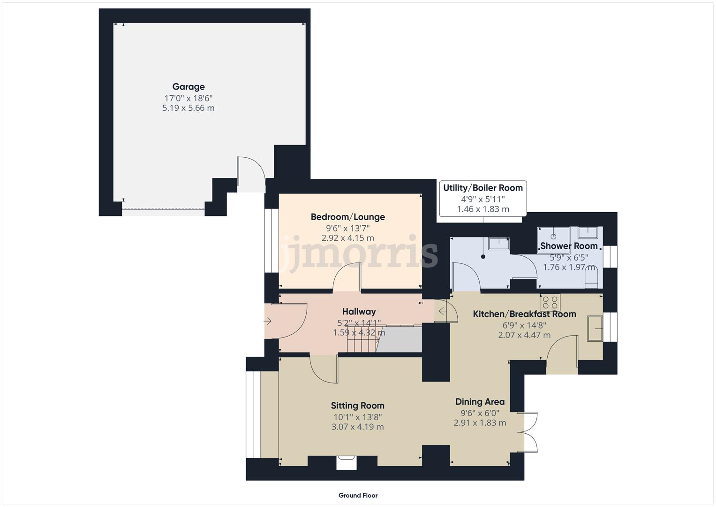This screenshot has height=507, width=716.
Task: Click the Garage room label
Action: (188, 87)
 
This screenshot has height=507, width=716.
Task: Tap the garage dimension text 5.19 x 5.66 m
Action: (188, 108)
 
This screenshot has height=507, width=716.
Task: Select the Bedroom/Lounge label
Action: (348, 217)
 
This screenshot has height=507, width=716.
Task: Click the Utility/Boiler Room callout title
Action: (483, 188)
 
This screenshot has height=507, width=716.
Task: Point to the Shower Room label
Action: (569, 246)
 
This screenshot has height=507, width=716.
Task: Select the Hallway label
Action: (359, 312)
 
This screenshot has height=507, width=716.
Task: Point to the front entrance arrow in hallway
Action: (268, 322)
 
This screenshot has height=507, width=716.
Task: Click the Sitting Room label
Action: (357, 406)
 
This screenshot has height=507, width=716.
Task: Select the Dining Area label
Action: (480, 402)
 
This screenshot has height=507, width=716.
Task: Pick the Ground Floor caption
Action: (358, 495)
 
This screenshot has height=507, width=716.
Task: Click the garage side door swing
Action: (251, 174)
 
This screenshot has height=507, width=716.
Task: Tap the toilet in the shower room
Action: (592, 280)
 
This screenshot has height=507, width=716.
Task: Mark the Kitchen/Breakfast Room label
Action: (524, 314)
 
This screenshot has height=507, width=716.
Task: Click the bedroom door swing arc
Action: (346, 277)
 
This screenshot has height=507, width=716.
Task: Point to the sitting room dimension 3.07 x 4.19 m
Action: (357, 427)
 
